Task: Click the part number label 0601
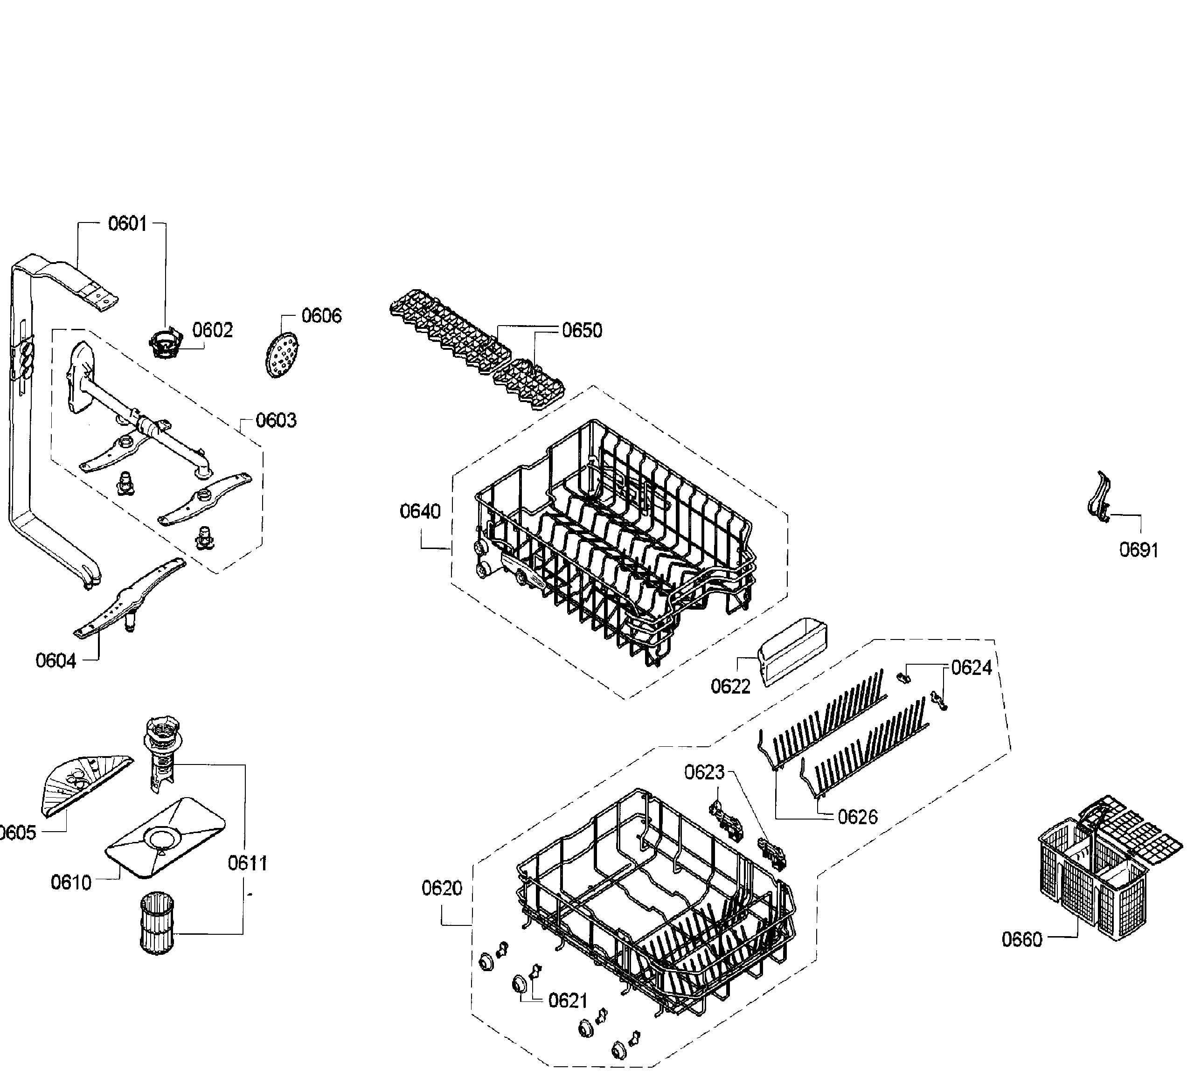pos(127,224)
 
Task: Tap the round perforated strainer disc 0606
pos(280,354)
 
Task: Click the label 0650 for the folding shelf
pos(582,331)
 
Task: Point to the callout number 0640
pos(420,511)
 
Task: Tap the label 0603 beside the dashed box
pos(276,420)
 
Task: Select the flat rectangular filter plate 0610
pos(166,838)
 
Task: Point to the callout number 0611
pos(247,863)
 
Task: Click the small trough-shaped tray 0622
pos(795,652)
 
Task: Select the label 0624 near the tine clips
pos(972,668)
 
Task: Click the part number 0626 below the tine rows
pos(857,817)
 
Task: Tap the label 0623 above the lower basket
pos(704,772)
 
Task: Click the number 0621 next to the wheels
pos(568,1001)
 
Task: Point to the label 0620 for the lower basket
pos(442,888)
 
